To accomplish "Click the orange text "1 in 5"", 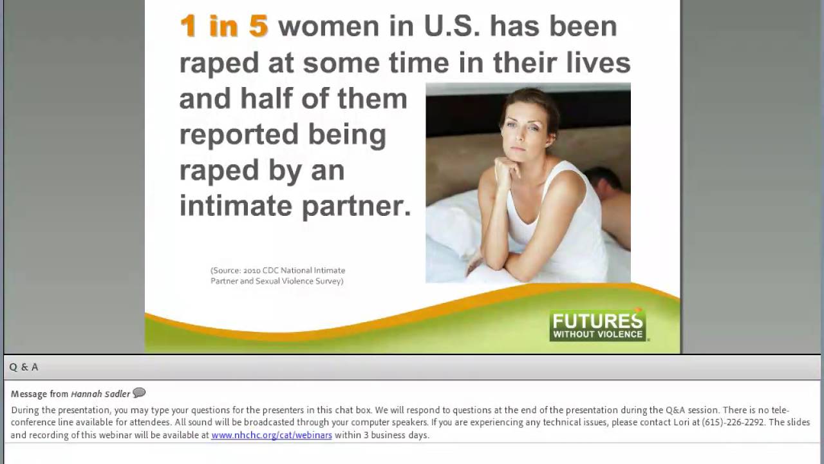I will pos(223,26).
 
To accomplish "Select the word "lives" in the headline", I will pos(598,63).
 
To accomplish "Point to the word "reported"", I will pos(237,135).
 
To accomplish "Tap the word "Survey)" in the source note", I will pos(328,281).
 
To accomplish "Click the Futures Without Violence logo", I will pos(598,326).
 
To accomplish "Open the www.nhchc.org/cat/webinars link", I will pos(272,435).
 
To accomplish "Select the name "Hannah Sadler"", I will pos(100,394).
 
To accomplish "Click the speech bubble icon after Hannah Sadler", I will pos(139,393).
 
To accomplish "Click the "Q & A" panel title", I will pos(24,367).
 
